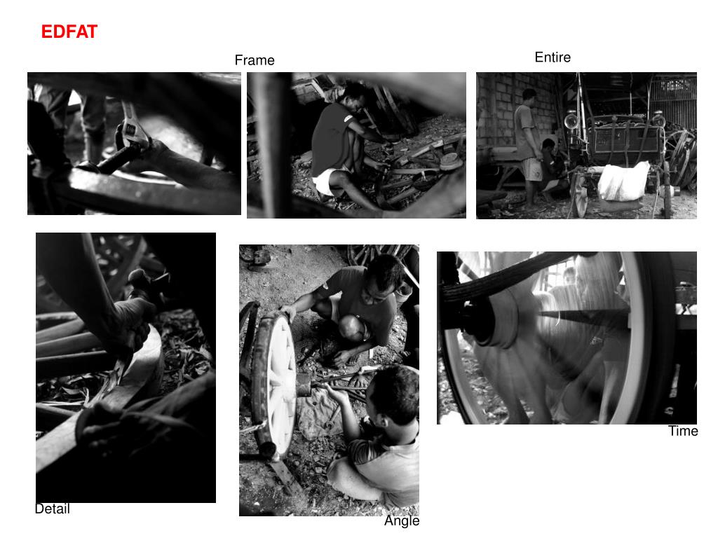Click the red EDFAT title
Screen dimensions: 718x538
coord(69,32)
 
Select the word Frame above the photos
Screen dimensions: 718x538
coord(255,60)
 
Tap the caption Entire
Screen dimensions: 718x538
coord(553,57)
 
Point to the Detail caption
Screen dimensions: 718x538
coord(53,509)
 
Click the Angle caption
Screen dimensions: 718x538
coord(402,520)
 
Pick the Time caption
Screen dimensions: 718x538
coord(683,431)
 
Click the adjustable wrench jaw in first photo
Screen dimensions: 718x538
coord(133,127)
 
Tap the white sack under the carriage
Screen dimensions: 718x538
coord(623,182)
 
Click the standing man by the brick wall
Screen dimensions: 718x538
coord(528,146)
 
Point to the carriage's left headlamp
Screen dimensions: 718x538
coord(571,120)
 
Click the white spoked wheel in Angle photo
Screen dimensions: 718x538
coord(275,385)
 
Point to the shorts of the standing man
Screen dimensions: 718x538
coord(532,170)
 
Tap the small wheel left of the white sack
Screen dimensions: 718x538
coord(578,195)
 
